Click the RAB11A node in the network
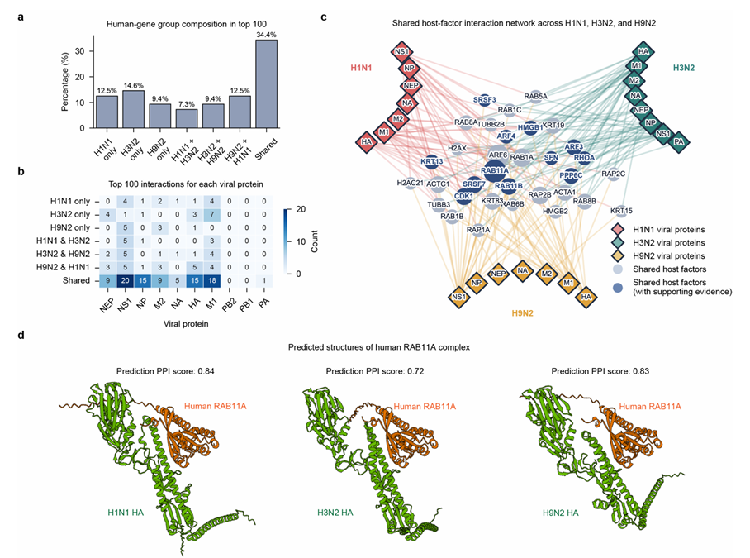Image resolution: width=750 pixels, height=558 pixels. click(x=493, y=169)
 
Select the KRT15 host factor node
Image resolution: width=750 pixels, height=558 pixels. click(x=622, y=211)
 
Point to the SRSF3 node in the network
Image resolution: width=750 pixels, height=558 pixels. click(x=486, y=100)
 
